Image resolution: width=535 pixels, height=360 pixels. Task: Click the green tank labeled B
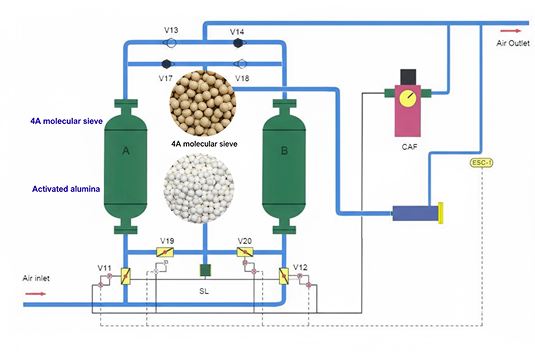[282, 164]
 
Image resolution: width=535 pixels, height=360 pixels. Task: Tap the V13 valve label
[170, 32]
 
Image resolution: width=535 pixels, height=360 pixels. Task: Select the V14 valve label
[237, 32]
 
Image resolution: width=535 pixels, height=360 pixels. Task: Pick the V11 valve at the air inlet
[125, 275]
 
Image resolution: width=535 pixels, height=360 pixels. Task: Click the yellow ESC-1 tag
[482, 162]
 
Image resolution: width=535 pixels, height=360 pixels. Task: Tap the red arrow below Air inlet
[35, 294]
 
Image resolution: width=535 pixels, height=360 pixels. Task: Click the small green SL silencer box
[204, 269]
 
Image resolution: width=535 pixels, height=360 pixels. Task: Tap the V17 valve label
[167, 78]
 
